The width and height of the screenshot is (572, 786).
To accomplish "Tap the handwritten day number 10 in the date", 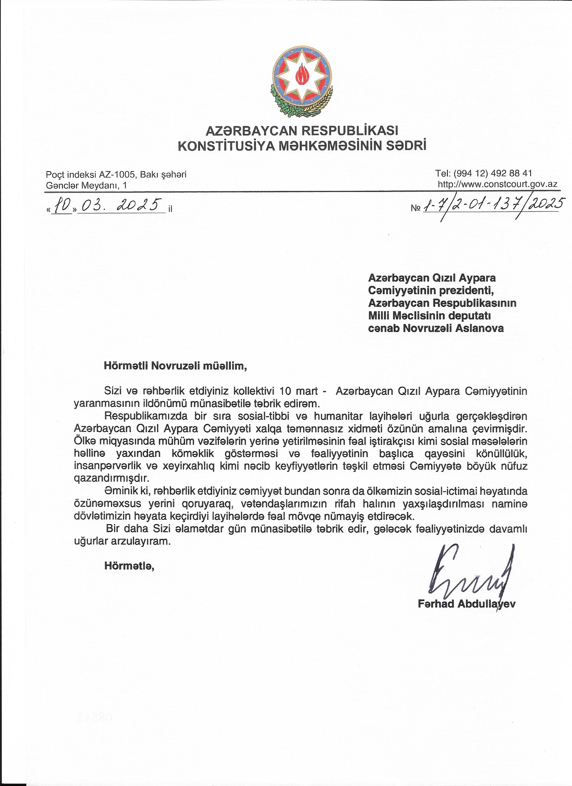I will tap(62, 206).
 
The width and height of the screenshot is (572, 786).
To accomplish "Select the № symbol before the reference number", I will tap(416, 208).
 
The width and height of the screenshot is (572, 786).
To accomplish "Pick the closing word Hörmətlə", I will tap(129, 566).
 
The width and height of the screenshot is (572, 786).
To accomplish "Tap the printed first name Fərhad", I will tap(436, 604).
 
